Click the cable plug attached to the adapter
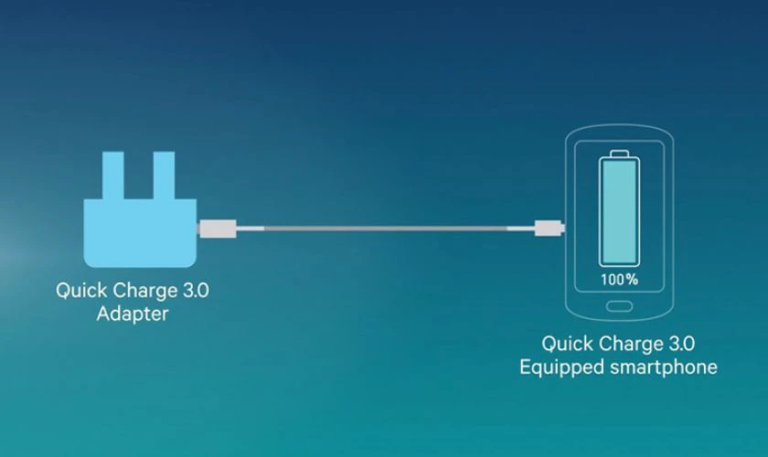[218, 228]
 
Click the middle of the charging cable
[384, 228]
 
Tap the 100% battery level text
[619, 279]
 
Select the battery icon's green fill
[619, 210]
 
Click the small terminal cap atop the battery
[619, 152]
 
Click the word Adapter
[133, 314]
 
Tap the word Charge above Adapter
[141, 292]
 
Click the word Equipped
[558, 367]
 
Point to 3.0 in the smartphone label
[680, 345]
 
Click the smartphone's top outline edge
[619, 130]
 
